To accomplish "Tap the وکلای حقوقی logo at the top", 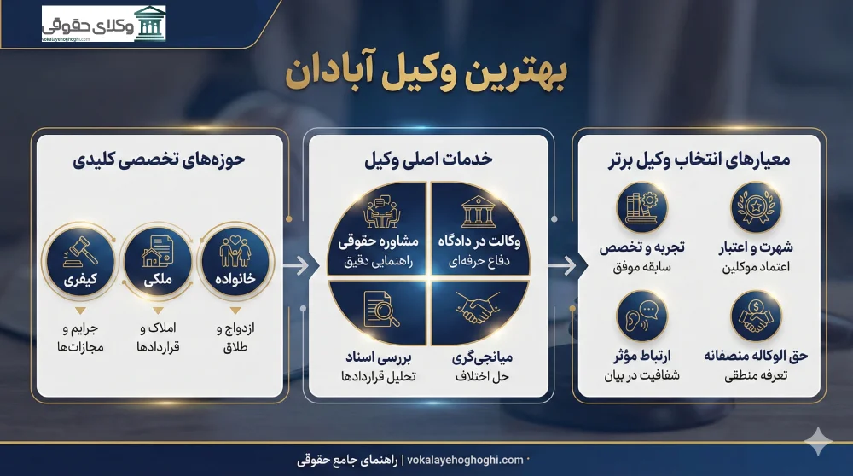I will pyautogui.click(x=104, y=23).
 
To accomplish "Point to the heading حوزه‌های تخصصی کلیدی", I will pyautogui.click(x=158, y=160).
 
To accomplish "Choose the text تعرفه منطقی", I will pyautogui.click(x=755, y=373).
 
